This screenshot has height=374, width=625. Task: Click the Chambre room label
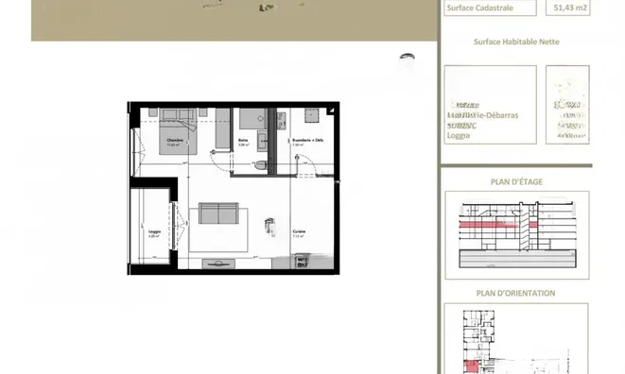(x=173, y=141)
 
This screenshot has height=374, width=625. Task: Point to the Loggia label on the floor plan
(x=154, y=229)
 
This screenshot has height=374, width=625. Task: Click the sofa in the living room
(x=215, y=214)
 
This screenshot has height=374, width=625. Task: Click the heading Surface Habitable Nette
(x=514, y=42)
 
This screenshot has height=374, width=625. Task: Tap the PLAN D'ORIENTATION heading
(x=516, y=294)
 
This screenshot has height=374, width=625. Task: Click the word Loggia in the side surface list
(x=459, y=134)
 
